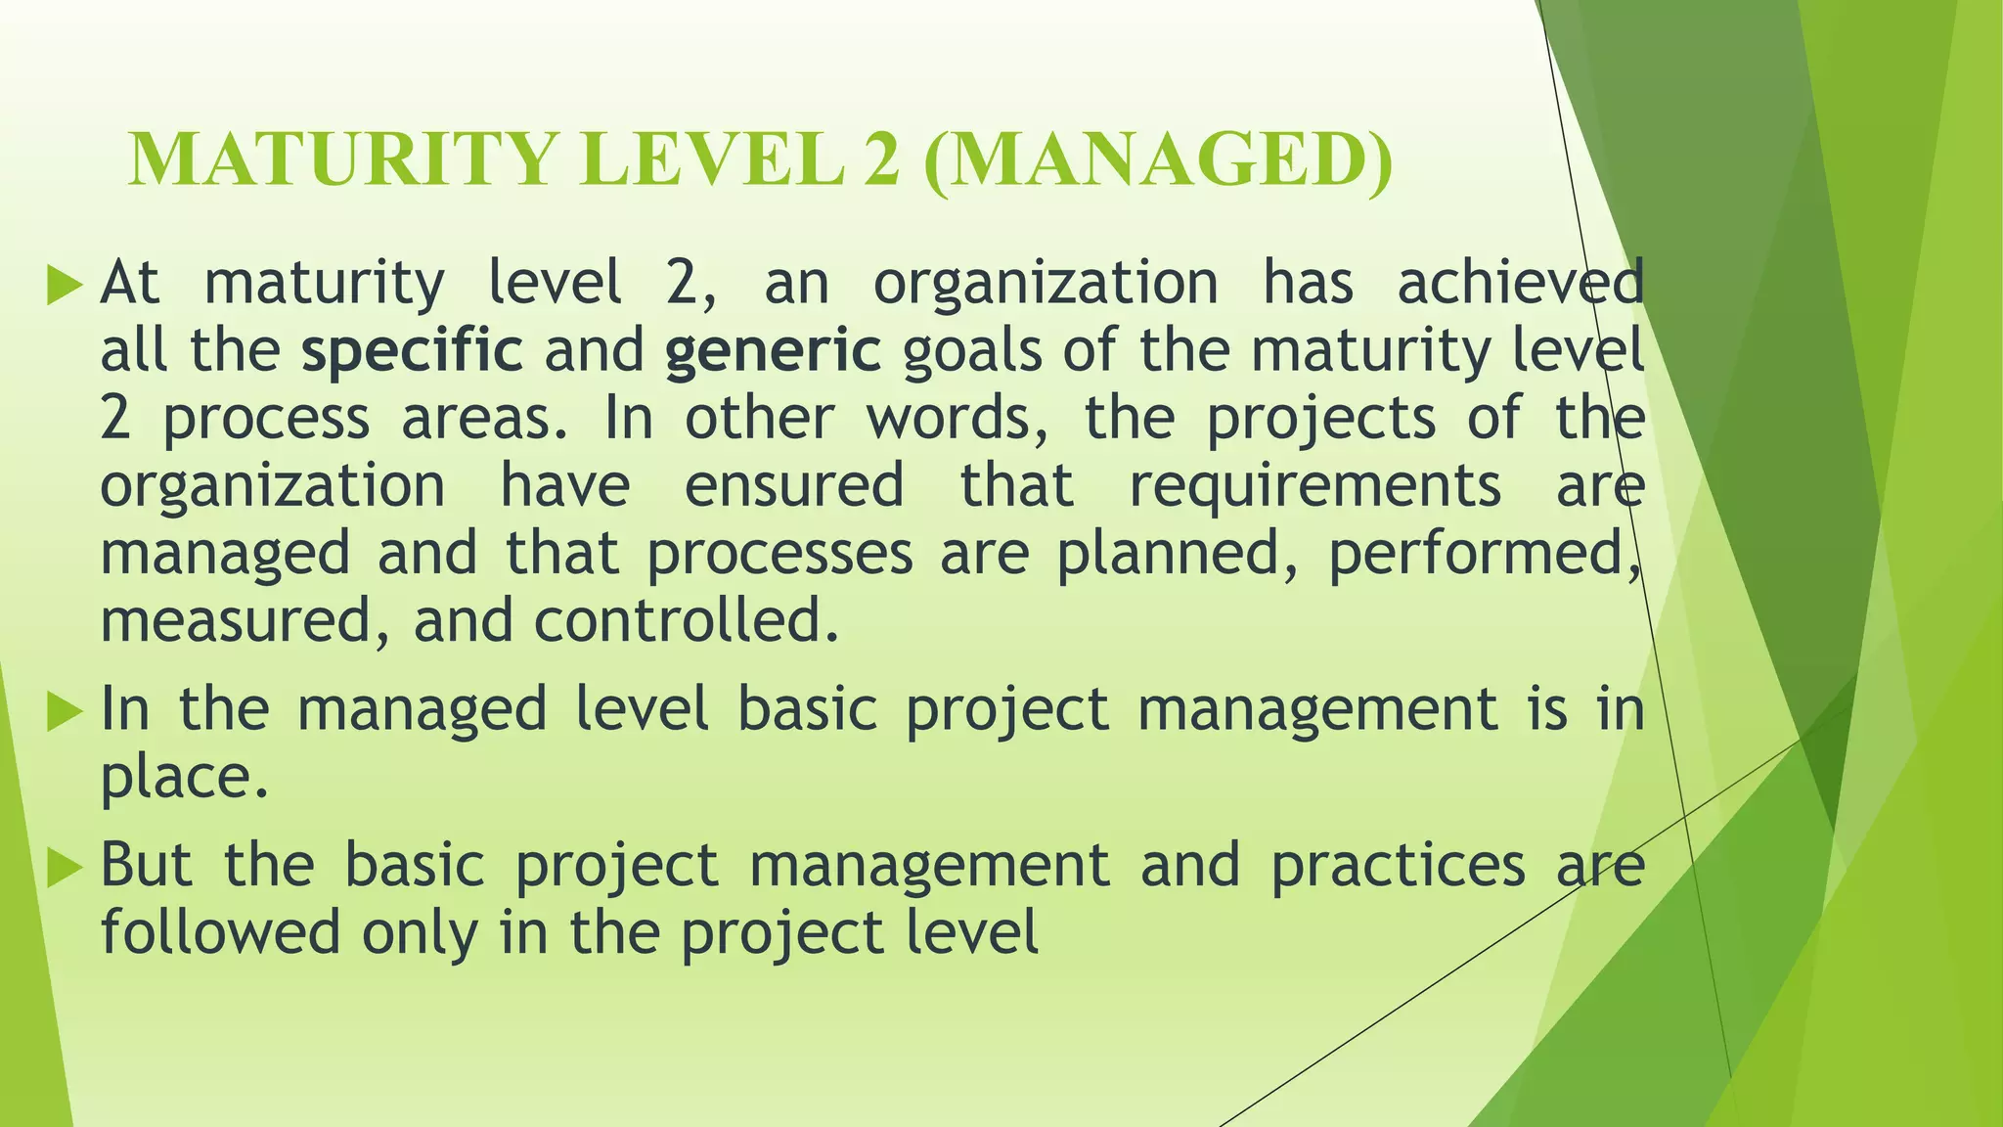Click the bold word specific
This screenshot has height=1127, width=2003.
412,350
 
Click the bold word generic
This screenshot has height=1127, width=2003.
773,352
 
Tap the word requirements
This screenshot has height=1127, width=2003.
1314,486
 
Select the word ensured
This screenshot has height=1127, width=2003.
793,486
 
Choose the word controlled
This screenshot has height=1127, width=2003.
686,621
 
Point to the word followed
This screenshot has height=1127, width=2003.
220,932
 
